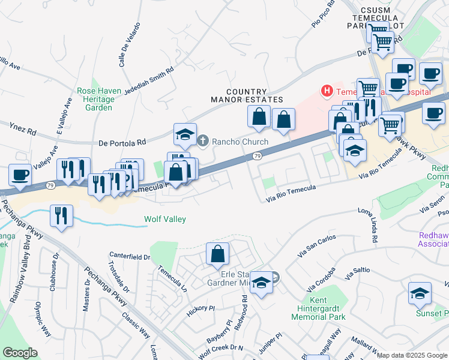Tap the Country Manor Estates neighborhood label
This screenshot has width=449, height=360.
click(x=247, y=95)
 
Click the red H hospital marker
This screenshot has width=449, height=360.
click(x=327, y=92)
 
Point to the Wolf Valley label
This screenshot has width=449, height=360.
click(x=164, y=220)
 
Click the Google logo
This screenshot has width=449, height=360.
click(x=20, y=352)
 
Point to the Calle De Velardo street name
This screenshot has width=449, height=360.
click(x=130, y=45)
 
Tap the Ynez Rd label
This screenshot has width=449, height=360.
click(x=23, y=128)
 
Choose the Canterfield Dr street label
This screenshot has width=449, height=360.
click(x=129, y=257)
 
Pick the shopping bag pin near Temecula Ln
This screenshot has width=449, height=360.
click(x=217, y=254)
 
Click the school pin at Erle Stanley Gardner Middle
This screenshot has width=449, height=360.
click(x=261, y=283)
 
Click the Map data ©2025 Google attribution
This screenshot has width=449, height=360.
click(x=412, y=355)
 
